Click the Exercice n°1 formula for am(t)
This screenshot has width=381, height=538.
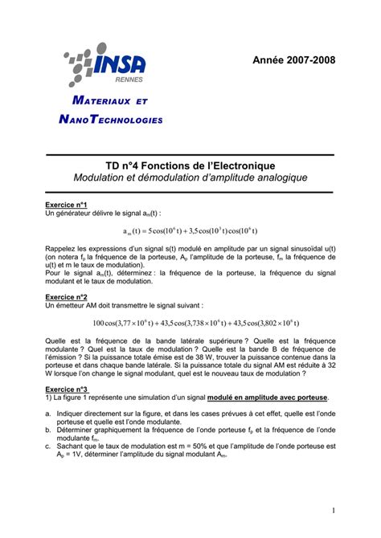click(190, 231)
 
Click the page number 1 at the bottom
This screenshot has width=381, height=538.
click(332, 511)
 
